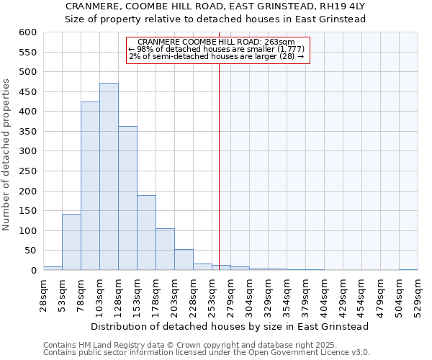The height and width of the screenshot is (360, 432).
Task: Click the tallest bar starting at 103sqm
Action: [x=109, y=176]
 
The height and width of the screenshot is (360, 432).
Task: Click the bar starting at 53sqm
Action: [x=71, y=242]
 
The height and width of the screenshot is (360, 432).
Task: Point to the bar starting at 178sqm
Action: [x=165, y=249]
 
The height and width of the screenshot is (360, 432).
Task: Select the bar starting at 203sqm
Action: [x=184, y=260]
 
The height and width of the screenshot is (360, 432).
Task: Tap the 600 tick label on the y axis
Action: [x=27, y=32]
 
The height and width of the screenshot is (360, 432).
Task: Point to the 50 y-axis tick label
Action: [x=30, y=251]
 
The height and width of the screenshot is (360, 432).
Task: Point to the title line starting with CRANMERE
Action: [x=216, y=6]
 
